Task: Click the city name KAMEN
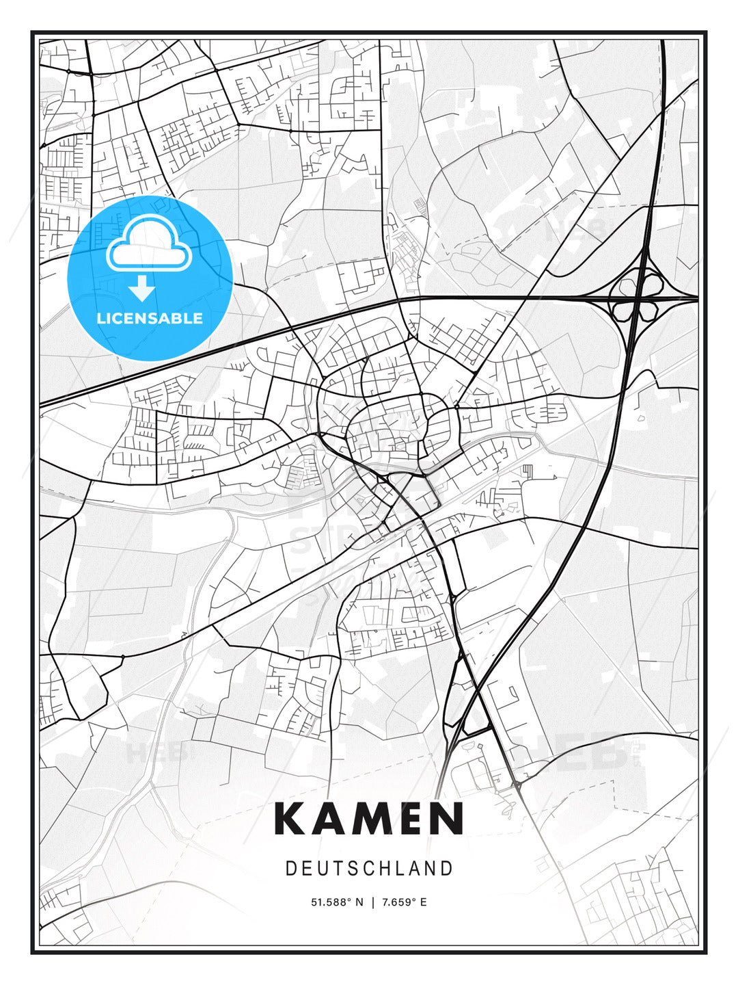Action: point(369,818)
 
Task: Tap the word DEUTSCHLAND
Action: point(369,868)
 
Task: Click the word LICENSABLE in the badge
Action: point(150,318)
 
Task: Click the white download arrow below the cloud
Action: point(142,289)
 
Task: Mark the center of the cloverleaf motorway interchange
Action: point(637,298)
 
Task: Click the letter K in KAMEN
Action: point(290,818)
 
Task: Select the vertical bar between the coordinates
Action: point(372,902)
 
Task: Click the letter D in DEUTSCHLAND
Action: point(290,868)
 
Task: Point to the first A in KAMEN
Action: point(327,818)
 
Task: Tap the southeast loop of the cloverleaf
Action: point(651,311)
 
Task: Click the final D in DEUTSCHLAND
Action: point(447,868)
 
